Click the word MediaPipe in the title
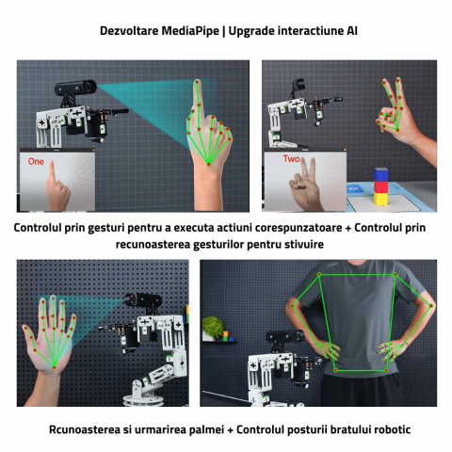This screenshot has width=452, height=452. [190, 31]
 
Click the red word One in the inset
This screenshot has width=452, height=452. [36, 161]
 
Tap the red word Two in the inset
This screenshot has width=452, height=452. [291, 159]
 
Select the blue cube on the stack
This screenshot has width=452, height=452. [380, 175]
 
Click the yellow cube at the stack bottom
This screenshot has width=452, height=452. [380, 199]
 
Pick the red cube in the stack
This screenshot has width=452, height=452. [380, 186]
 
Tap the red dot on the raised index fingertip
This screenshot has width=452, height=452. [197, 82]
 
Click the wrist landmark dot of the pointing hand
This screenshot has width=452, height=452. [208, 164]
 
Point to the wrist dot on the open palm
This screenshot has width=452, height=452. [55, 367]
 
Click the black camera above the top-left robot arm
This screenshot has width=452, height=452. [75, 88]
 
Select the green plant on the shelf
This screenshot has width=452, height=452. [213, 325]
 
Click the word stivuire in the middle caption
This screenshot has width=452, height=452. [304, 244]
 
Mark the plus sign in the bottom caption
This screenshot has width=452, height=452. [231, 429]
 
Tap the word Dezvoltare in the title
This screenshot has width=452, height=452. [129, 31]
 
